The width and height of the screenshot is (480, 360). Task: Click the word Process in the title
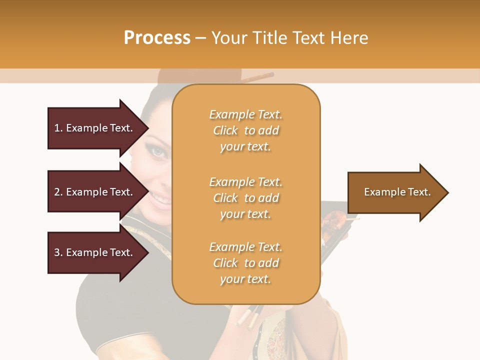[157, 38]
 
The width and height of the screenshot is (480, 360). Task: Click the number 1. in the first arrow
[58, 128]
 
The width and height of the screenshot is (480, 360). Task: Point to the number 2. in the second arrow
[58, 192]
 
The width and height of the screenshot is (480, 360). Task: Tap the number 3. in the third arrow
[58, 252]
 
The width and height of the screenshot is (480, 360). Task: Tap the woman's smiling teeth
[161, 199]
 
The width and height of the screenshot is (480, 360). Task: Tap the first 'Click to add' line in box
[245, 130]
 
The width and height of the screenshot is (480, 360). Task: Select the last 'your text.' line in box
[245, 279]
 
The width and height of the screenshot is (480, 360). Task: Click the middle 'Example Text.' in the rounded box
[245, 181]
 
